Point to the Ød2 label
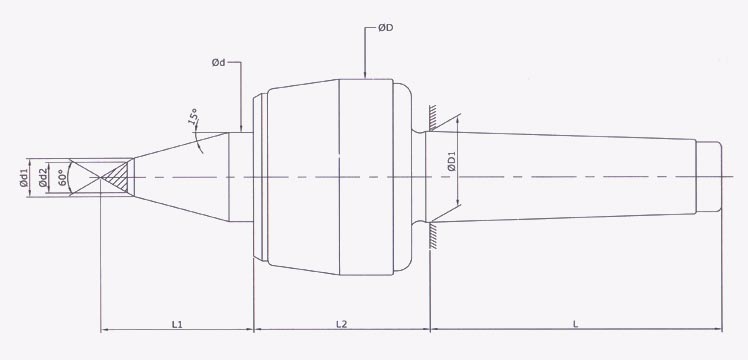click(43, 179)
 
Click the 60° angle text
click(62, 178)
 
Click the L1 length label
click(177, 324)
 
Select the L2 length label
click(341, 324)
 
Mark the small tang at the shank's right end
click(709, 176)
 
